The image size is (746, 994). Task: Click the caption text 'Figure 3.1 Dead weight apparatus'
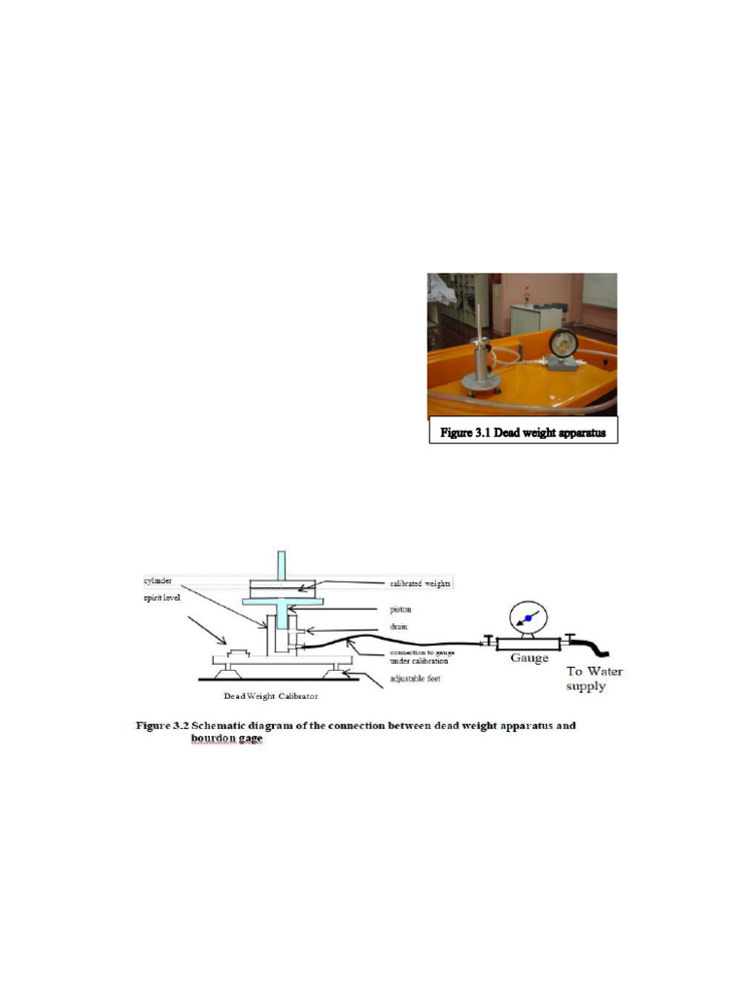[523, 433]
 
